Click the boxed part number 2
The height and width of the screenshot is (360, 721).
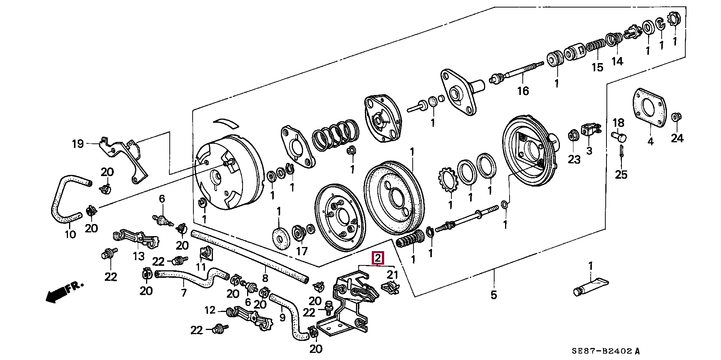(378, 258)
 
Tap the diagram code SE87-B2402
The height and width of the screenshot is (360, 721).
(605, 351)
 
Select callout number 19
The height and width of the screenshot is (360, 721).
(78, 144)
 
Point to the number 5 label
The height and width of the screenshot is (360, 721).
(493, 295)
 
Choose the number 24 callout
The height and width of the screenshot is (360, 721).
(677, 138)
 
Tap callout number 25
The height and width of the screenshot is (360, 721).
(621, 174)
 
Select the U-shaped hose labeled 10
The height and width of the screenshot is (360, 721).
(64, 197)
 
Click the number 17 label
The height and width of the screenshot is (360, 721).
(302, 251)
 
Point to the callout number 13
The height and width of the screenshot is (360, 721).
(139, 256)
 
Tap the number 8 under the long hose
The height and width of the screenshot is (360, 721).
(265, 279)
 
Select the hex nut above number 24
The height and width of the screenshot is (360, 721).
(676, 117)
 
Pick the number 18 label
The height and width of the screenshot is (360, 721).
(618, 123)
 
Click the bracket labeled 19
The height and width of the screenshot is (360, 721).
(124, 158)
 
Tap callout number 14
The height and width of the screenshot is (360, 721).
(617, 61)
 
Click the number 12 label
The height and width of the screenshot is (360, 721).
(210, 310)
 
